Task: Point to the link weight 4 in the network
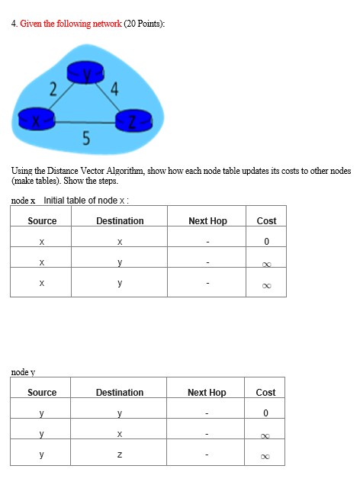coord(114,88)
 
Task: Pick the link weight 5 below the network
coord(85,138)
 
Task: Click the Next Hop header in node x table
coord(207,221)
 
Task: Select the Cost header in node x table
coord(266,221)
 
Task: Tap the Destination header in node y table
coord(120,393)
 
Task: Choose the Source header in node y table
coord(42,393)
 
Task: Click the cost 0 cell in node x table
coord(266,242)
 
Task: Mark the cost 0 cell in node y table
coord(265,413)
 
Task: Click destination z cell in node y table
coord(120,456)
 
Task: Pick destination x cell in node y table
coord(120,435)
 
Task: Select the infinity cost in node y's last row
coord(265,457)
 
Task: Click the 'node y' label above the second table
coord(24,372)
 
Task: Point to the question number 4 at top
coord(14,24)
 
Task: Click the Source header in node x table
coord(42,221)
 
